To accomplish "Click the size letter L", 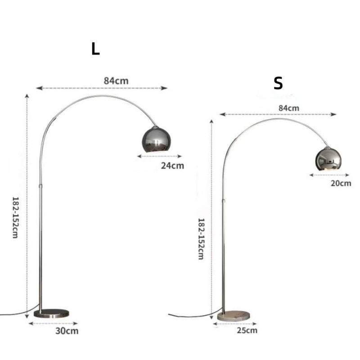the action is tap(95, 49).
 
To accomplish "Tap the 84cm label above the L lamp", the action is tap(116, 81).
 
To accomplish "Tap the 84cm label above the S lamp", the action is tap(289, 108).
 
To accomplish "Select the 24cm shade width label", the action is tap(172, 166).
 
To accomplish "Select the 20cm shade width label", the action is tap(341, 183).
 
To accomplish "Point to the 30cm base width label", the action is tap(67, 331).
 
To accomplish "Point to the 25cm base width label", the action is tap(247, 330).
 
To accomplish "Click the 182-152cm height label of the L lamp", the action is tap(15, 217).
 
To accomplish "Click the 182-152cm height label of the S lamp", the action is tap(201, 239).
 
